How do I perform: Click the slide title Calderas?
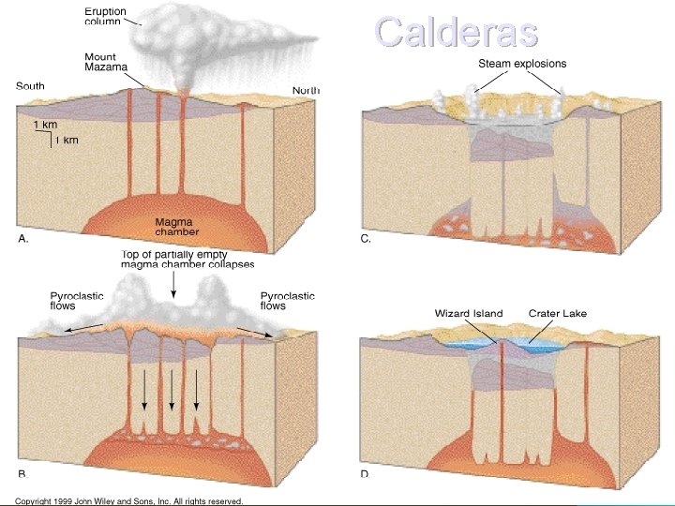[x=457, y=31]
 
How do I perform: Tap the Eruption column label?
[x=107, y=16]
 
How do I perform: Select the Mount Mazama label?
[x=105, y=63]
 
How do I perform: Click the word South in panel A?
[x=30, y=86]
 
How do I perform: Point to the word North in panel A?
[x=306, y=90]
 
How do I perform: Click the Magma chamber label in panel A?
[x=176, y=226]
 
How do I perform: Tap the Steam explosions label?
[x=522, y=64]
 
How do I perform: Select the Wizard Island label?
[x=469, y=313]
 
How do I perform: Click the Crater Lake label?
[x=557, y=313]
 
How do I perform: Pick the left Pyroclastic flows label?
[x=77, y=301]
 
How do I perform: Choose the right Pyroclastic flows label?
[x=287, y=301]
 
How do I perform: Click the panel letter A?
[x=24, y=239]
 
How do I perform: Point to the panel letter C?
[x=366, y=239]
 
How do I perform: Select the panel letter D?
[x=365, y=474]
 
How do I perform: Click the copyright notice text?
[x=129, y=501]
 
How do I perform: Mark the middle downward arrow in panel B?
[x=172, y=389]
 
